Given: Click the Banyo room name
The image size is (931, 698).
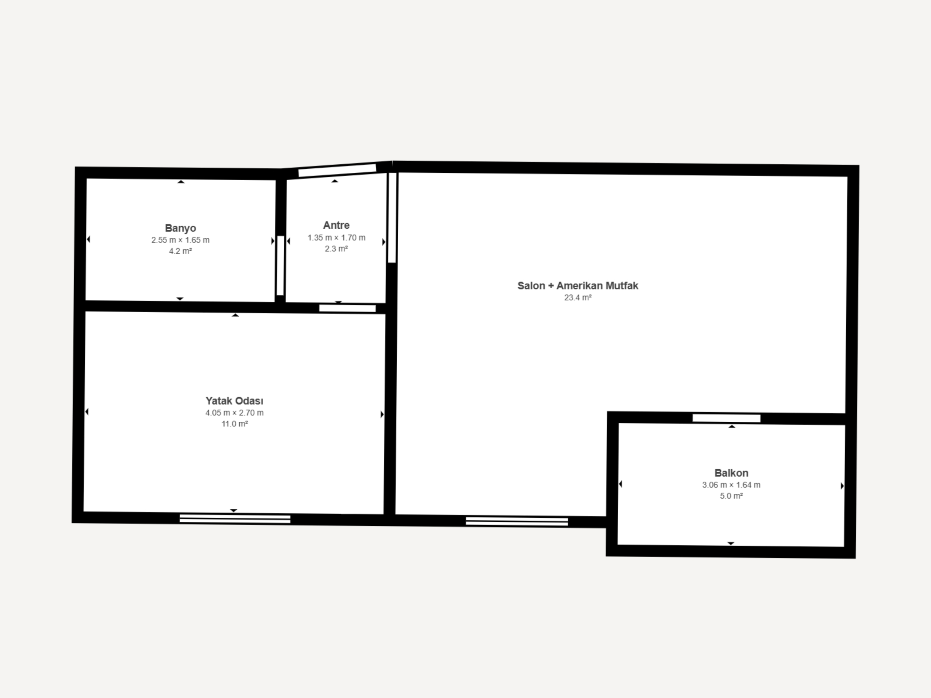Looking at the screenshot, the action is tap(180, 228).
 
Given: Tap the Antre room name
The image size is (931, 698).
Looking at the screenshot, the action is tap(336, 225).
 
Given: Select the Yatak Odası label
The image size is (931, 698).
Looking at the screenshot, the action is tap(235, 401).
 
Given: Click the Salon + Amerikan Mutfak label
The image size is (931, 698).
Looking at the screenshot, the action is tap(578, 286).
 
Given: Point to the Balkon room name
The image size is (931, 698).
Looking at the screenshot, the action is tap(731, 473).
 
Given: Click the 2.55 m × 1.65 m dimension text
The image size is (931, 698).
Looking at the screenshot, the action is tap(180, 240).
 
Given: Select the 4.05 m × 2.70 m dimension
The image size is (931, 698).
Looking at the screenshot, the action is tap(235, 413).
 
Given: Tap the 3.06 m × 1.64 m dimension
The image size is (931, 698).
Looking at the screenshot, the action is tap(731, 485).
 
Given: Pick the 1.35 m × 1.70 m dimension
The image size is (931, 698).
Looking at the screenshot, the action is tap(336, 238).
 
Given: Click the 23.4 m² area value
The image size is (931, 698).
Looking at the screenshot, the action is tap(578, 298).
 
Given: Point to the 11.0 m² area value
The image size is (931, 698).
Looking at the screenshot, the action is tap(235, 424).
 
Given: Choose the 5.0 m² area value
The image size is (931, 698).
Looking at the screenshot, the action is tap(731, 496).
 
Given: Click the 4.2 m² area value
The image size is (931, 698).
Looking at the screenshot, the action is tap(180, 251).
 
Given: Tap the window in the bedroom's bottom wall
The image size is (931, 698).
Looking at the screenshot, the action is tap(235, 519).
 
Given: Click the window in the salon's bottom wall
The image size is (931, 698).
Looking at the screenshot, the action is tap(517, 522).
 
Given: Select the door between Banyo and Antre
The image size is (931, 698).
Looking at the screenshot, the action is tap(280, 265).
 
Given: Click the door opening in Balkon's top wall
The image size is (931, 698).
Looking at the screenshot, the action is tap(727, 418).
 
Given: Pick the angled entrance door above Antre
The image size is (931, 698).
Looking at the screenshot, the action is tap(337, 171).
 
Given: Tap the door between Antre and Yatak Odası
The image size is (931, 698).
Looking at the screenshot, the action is tap(347, 308).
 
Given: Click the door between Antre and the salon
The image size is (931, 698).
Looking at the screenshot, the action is tap(392, 217).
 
